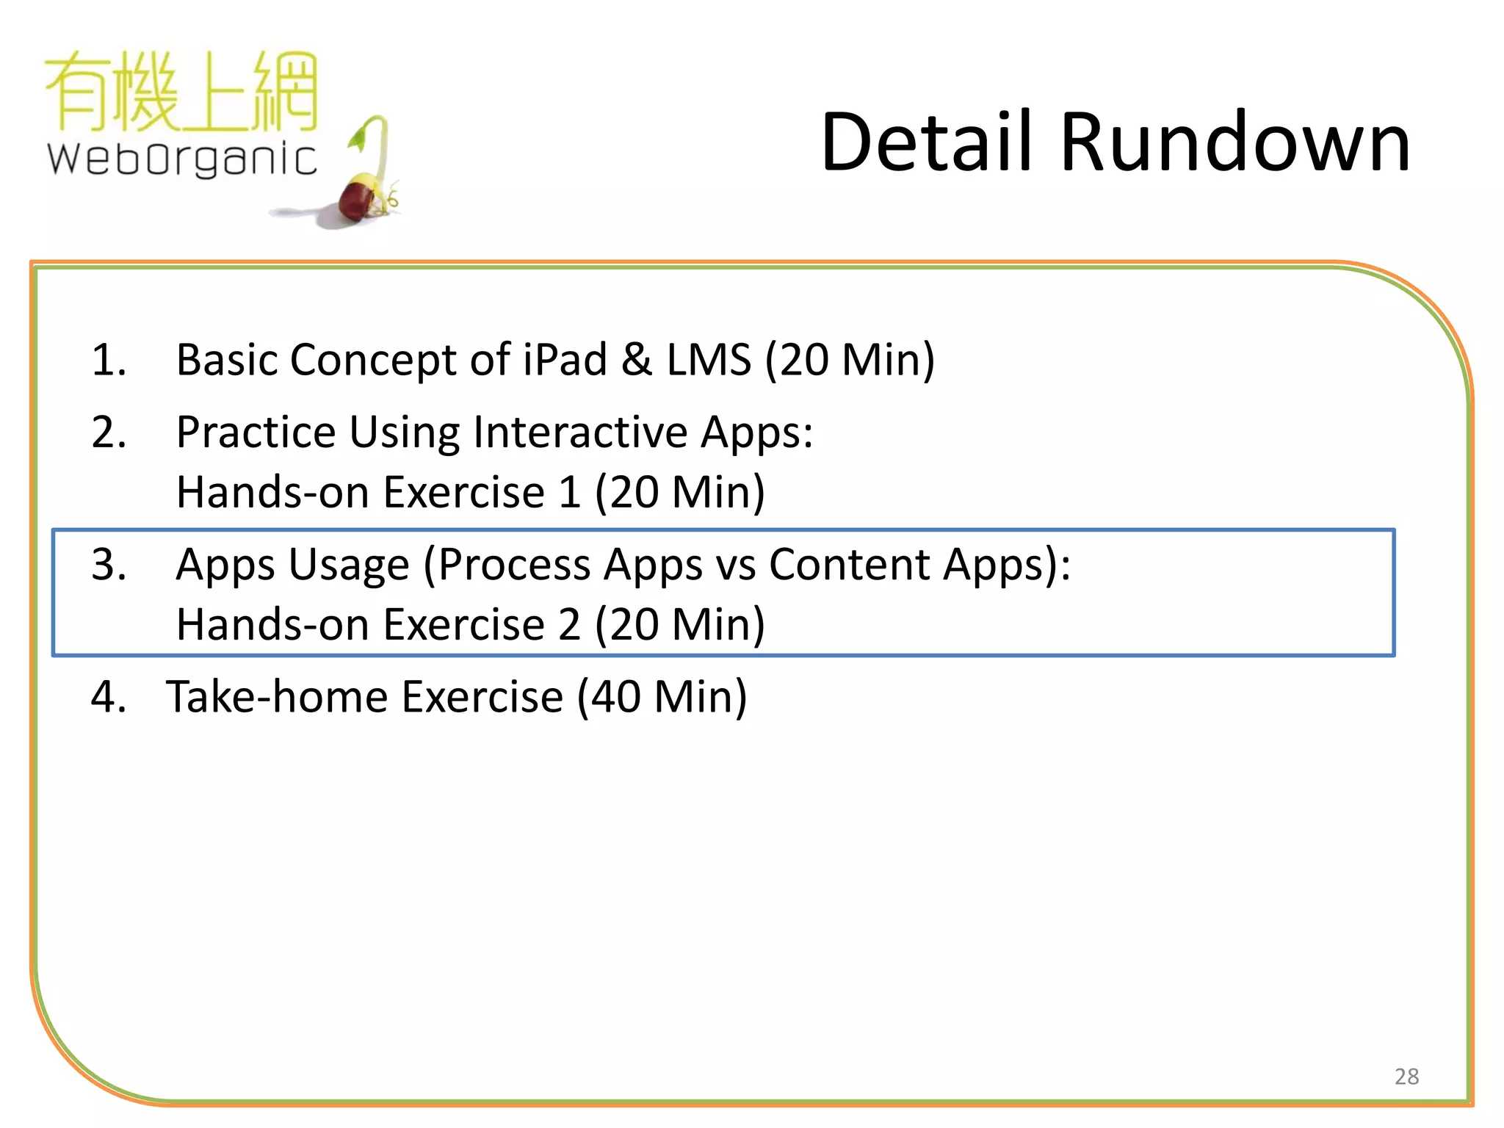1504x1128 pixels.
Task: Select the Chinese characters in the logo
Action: [181, 92]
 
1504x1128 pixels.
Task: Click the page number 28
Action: [1406, 1076]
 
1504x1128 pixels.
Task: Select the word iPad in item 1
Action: [565, 360]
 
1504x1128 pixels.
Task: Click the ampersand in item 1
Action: [636, 360]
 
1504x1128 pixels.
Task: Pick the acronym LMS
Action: [709, 360]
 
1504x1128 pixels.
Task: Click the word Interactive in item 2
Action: [580, 432]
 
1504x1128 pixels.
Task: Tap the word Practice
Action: [256, 432]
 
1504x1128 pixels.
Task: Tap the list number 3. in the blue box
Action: [109, 565]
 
